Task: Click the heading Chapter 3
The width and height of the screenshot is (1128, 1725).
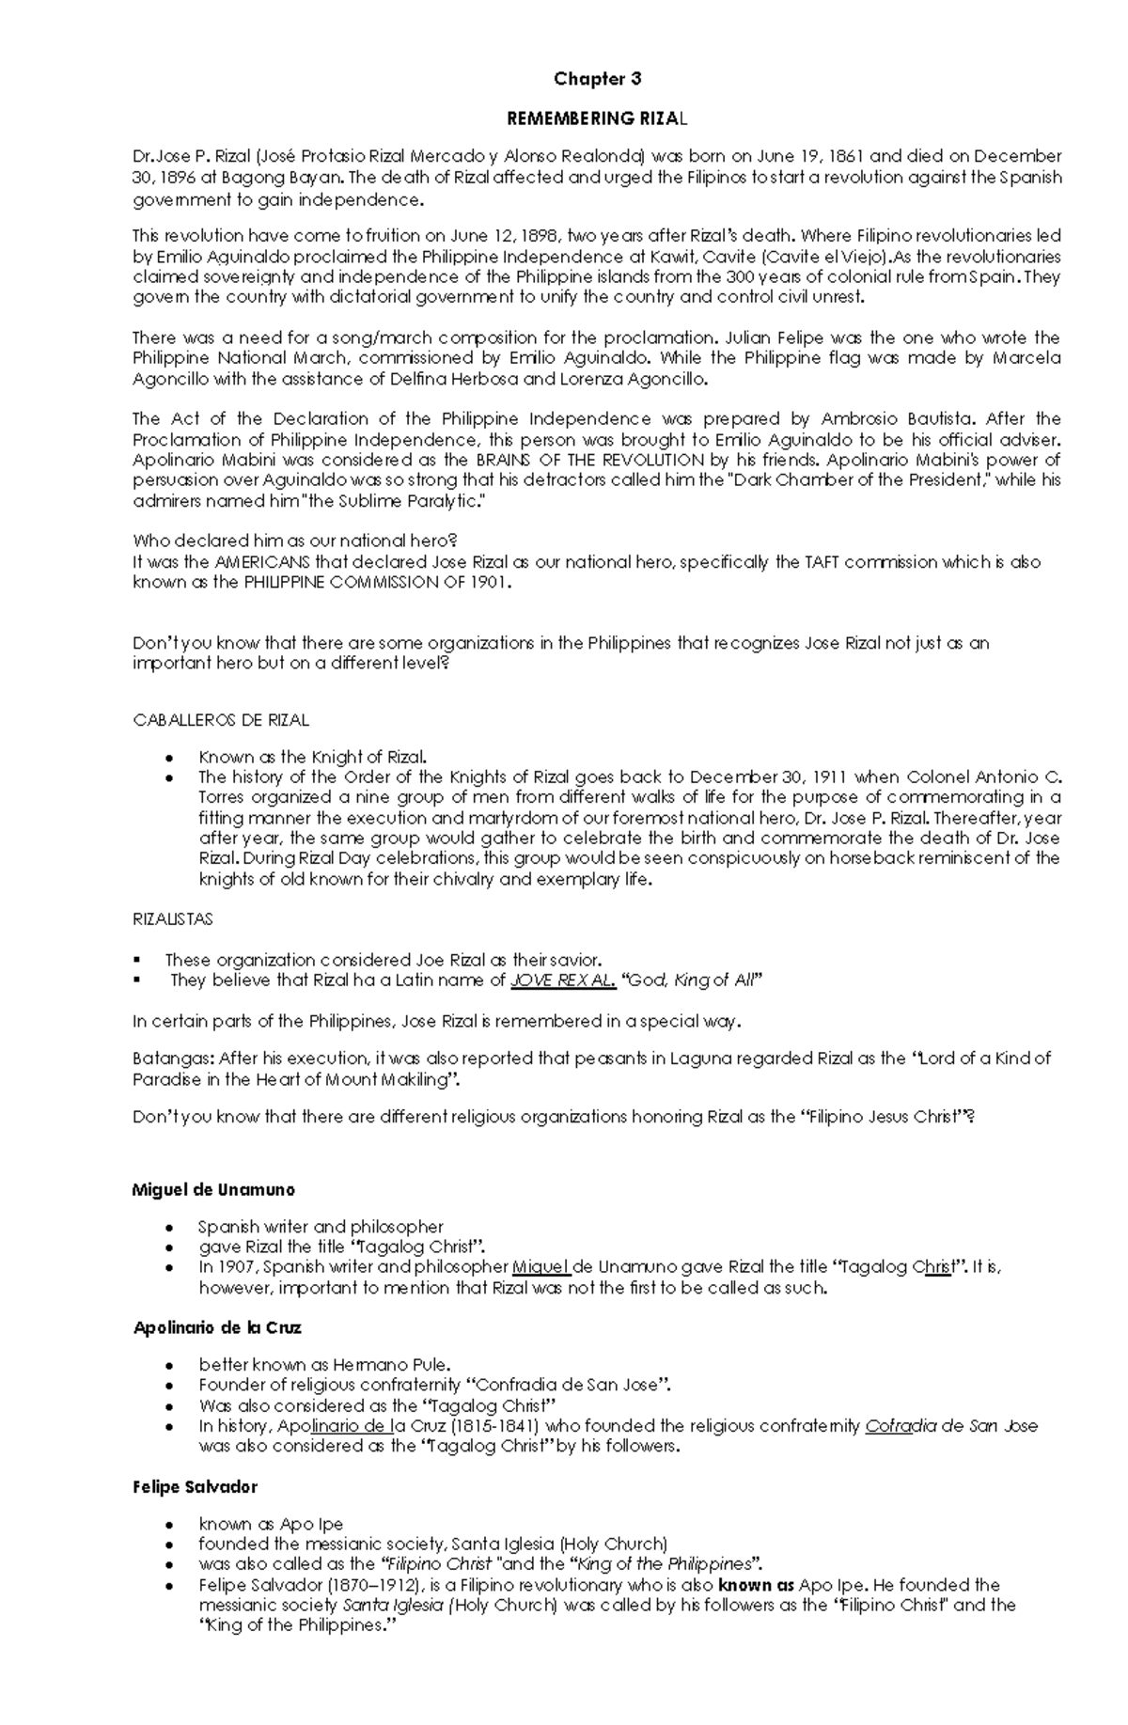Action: click(597, 79)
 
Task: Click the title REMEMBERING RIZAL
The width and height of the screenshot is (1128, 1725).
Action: click(597, 118)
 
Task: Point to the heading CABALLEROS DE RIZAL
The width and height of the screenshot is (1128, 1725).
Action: click(221, 720)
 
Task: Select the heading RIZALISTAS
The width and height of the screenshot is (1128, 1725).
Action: click(172, 919)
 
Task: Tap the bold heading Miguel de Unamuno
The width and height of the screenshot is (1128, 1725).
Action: click(213, 1190)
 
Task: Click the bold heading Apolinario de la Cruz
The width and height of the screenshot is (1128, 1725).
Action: click(216, 1328)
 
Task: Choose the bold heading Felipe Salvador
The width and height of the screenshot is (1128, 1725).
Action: click(195, 1487)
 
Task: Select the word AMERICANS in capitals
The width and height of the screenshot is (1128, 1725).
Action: click(264, 562)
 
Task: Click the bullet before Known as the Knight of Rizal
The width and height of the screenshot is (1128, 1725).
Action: click(168, 758)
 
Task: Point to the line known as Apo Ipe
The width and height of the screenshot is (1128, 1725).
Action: click(271, 1524)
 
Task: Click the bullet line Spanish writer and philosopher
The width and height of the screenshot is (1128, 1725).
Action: click(321, 1227)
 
